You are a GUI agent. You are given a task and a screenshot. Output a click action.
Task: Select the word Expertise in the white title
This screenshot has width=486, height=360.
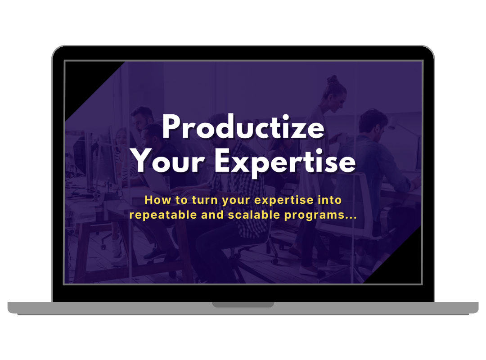(x=285, y=163)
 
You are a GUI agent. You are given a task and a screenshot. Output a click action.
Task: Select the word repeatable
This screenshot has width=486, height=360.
(x=163, y=215)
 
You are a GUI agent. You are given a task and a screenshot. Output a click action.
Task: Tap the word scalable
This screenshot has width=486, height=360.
(x=254, y=215)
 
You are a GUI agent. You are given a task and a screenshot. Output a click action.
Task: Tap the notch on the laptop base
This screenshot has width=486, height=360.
(x=243, y=305)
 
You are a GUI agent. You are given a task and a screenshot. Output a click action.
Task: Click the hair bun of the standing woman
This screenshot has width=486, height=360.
(x=332, y=80)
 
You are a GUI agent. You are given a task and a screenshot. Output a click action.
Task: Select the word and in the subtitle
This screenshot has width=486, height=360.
(x=212, y=215)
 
